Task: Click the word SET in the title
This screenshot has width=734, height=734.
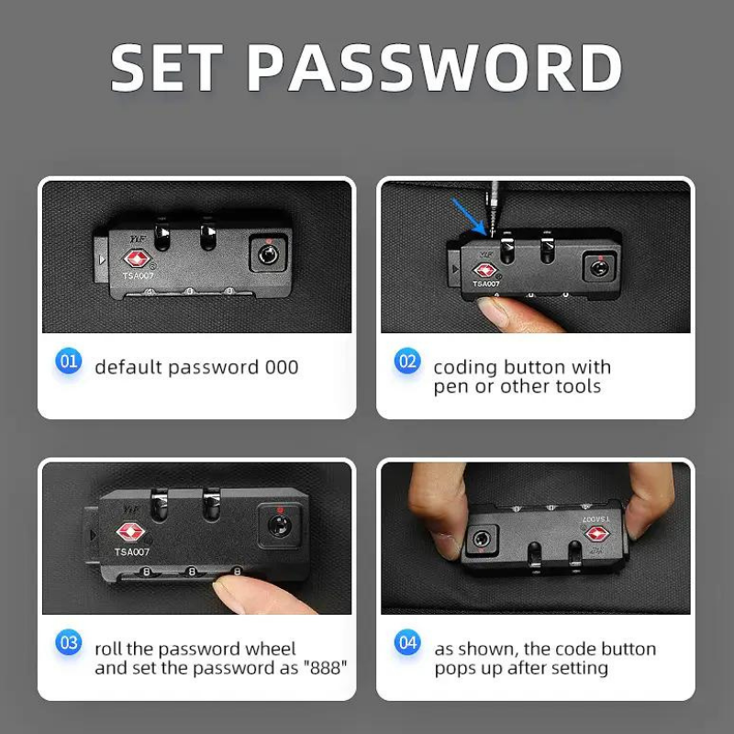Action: coord(166,67)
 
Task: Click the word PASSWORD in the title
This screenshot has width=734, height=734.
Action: coord(434,67)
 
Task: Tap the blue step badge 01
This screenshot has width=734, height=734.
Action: coord(68,361)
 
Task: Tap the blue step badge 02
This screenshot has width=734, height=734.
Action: coord(407,361)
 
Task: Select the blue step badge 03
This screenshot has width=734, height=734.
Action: coord(68,642)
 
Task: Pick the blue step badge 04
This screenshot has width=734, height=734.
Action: coord(407,642)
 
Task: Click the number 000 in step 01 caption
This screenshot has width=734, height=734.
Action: coord(282,368)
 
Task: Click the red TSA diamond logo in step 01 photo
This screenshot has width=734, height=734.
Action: coord(137,259)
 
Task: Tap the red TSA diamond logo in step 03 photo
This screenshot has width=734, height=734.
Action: coord(130,532)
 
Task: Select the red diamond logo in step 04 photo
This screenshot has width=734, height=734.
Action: coord(597,534)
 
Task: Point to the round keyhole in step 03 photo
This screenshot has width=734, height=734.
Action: coord(279,525)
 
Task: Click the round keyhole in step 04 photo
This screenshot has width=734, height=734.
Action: coord(480,539)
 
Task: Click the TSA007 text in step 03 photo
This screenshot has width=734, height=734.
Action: coord(132,552)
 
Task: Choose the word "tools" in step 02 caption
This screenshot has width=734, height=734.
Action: coord(578,386)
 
